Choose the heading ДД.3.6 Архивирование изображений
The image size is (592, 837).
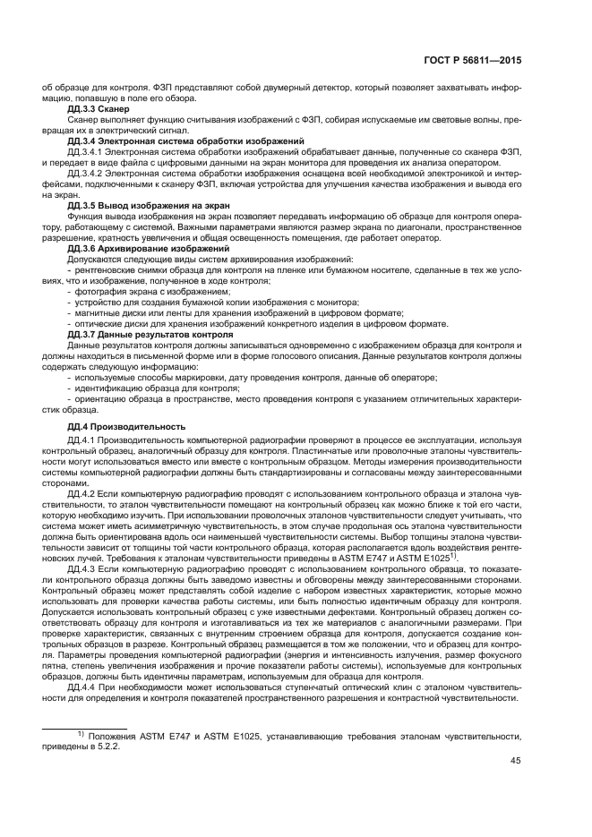(142, 247)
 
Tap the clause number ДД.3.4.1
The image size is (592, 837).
(86, 152)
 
